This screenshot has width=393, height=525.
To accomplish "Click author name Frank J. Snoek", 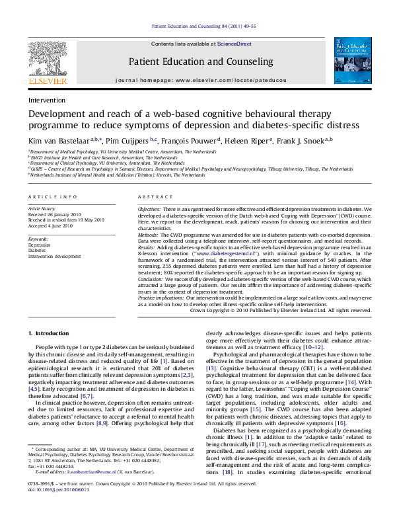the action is point(297,140).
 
